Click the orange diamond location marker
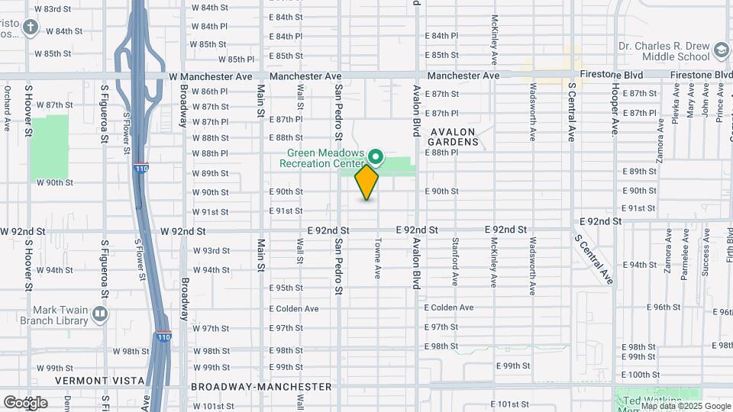click(x=366, y=182)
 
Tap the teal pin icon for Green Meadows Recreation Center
click(x=376, y=157)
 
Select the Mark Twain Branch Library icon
click(x=99, y=314)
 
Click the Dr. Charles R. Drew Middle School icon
click(x=720, y=50)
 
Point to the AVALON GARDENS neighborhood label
click(x=453, y=137)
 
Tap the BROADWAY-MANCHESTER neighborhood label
click(x=261, y=387)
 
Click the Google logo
click(x=25, y=402)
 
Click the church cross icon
click(x=30, y=29)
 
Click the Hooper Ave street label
click(x=614, y=111)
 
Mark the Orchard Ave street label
click(x=6, y=111)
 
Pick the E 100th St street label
click(x=640, y=375)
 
